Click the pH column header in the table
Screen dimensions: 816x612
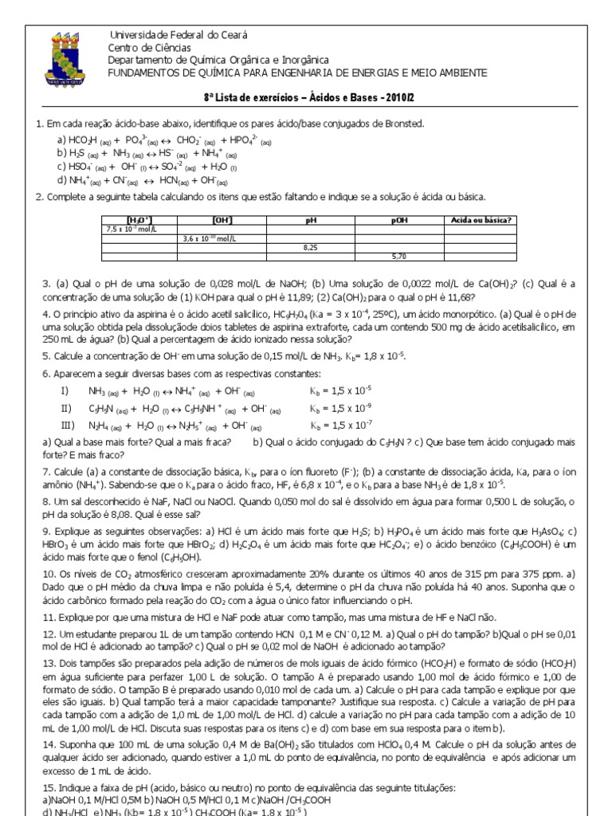click(311, 220)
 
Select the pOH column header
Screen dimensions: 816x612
click(398, 220)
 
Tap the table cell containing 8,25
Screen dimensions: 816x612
click(311, 248)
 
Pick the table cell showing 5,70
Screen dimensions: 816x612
click(398, 257)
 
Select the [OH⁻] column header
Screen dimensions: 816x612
click(222, 220)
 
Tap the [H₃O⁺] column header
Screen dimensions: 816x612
click(140, 220)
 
